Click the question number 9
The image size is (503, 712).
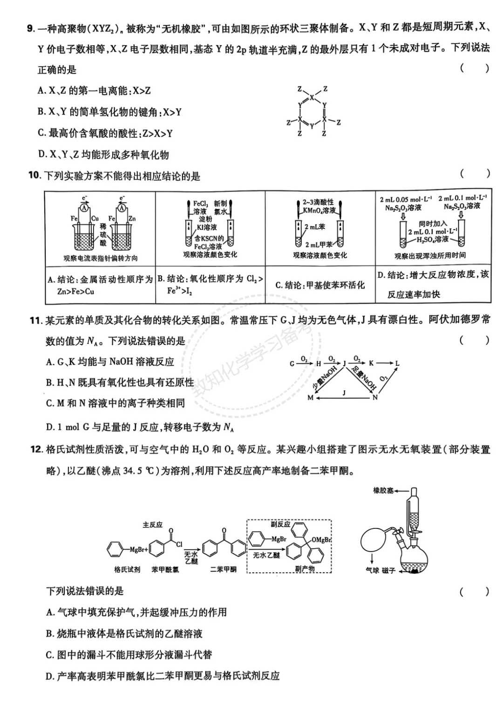(31, 28)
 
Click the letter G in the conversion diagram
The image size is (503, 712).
(292, 364)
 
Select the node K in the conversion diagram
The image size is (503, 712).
(371, 363)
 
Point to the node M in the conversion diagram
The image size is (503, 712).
(311, 397)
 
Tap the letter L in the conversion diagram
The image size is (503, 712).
(397, 363)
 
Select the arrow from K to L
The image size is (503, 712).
(385, 363)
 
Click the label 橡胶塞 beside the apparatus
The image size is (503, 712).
(383, 491)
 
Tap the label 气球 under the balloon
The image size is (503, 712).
(373, 570)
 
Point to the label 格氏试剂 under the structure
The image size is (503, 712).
(127, 569)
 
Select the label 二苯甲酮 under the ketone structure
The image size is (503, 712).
(224, 569)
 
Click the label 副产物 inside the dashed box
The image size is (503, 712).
(305, 568)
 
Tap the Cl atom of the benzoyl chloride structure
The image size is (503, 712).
(179, 543)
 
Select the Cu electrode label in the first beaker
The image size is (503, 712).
(95, 218)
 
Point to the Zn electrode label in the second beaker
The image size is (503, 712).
(132, 218)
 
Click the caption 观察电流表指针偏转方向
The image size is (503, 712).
(101, 258)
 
